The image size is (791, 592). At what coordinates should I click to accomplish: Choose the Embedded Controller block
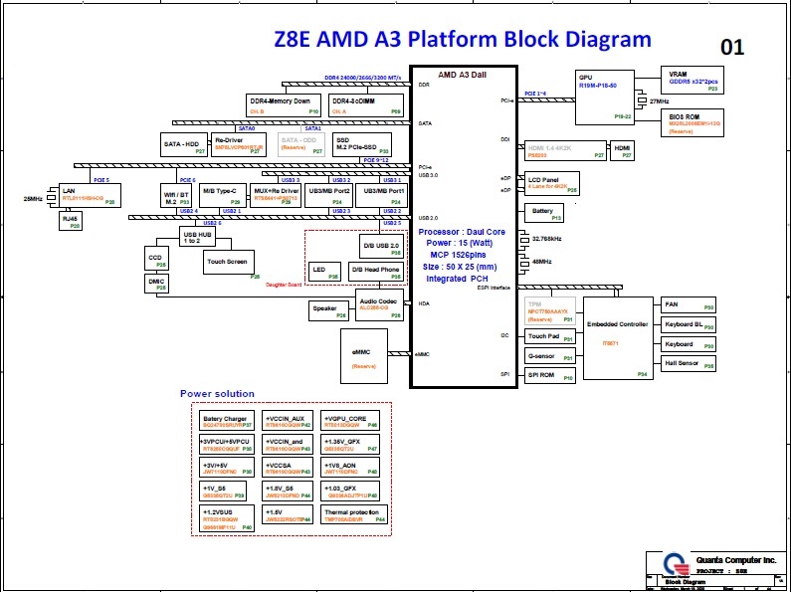click(x=618, y=338)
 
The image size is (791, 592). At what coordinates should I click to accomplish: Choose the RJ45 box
click(x=71, y=221)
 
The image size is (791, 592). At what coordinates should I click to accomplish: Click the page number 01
click(x=732, y=47)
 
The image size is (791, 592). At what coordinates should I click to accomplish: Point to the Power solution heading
click(x=217, y=394)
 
